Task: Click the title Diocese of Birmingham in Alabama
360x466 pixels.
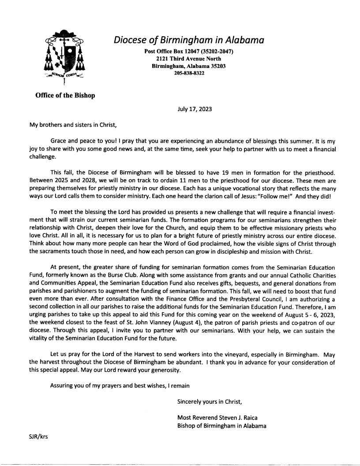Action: [x=189, y=40]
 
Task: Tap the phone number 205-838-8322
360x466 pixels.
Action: [x=189, y=74]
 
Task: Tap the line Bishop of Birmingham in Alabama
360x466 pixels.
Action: [x=221, y=425]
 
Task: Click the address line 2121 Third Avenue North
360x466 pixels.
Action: [x=189, y=59]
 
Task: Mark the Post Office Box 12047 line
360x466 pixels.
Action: [x=189, y=52]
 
